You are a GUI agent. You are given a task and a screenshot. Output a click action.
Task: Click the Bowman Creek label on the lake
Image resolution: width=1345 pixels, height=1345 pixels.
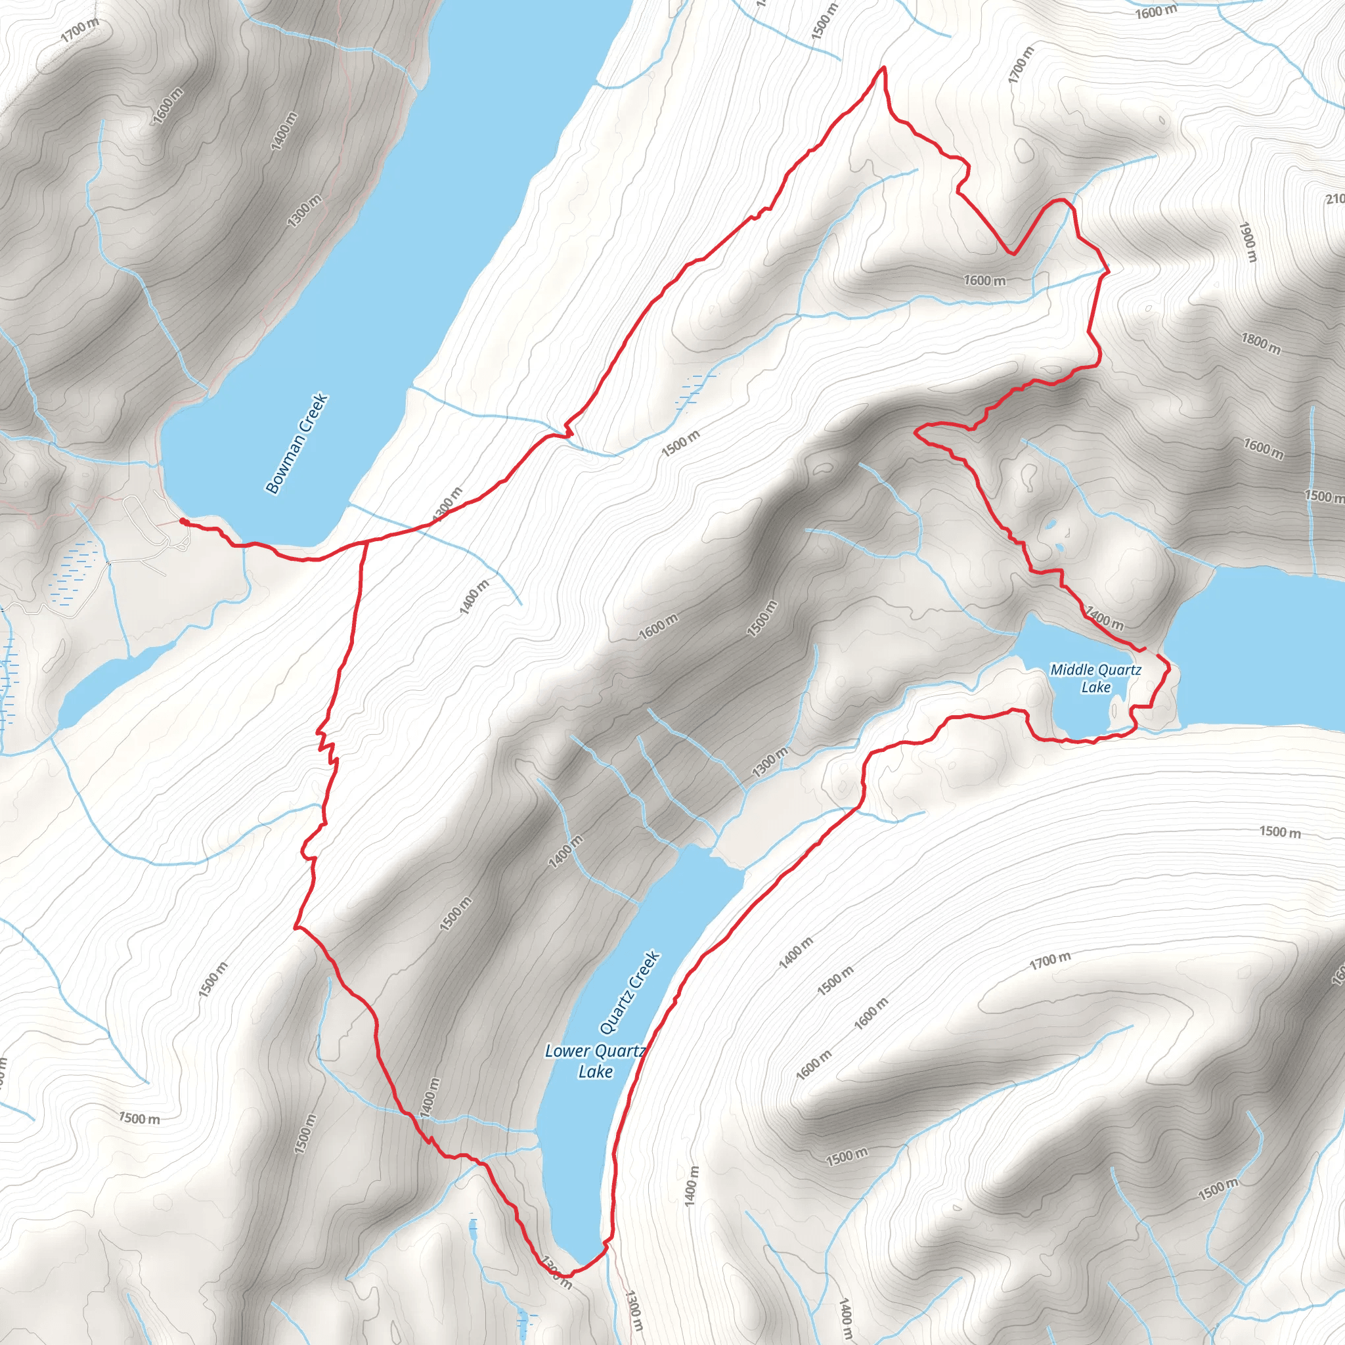tap(297, 444)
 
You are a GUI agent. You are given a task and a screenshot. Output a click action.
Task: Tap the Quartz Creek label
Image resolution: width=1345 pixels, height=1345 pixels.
tap(629, 993)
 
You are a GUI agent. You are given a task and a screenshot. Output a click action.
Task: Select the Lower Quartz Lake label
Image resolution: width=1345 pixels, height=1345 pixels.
tap(595, 1061)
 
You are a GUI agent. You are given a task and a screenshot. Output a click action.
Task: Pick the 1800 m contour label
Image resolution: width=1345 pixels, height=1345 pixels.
tap(1261, 343)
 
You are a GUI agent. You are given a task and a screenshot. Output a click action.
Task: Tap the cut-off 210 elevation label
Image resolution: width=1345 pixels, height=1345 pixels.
tap(1334, 200)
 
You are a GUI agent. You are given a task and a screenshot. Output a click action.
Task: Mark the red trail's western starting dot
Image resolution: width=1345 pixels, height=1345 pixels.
tap(183, 520)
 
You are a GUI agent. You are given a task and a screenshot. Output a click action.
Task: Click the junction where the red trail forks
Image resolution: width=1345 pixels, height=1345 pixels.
tap(366, 542)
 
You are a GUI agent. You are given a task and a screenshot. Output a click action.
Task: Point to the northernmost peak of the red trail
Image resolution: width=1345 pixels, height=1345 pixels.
tap(883, 68)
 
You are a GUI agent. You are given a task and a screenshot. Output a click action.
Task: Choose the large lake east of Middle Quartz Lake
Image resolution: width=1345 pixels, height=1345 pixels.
tap(1260, 648)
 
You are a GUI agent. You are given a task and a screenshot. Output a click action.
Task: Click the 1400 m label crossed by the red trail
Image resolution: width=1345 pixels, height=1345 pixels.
tap(1105, 619)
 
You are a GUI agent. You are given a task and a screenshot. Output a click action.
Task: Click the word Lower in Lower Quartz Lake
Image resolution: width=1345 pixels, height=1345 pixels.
tap(567, 1051)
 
